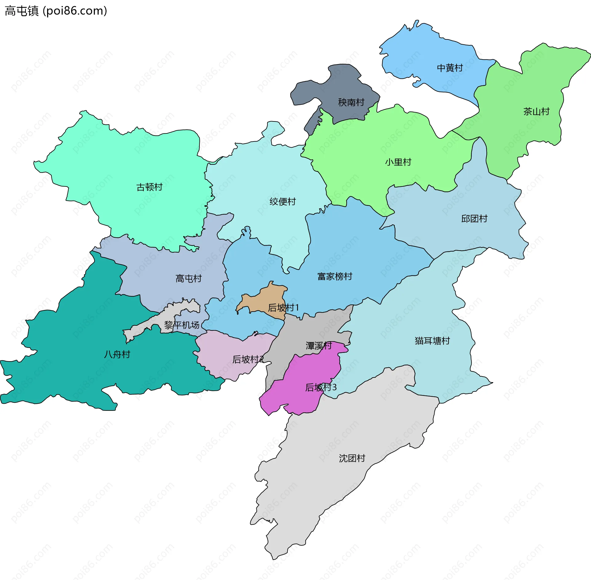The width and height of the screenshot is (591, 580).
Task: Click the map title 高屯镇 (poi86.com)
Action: [x=56, y=11]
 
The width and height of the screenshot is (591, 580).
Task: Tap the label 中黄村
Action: [x=450, y=68]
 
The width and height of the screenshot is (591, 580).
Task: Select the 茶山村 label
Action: [x=536, y=112]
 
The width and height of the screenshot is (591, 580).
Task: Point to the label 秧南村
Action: [x=351, y=102]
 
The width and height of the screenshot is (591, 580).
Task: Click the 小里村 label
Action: [x=398, y=162]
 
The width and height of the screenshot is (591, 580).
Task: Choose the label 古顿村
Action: [x=149, y=187]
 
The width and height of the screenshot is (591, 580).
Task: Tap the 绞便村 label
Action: [x=283, y=202]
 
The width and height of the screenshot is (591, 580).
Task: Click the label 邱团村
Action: [x=474, y=219]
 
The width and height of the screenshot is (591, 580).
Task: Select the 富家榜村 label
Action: [x=335, y=276]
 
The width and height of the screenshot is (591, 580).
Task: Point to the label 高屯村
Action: [x=188, y=279]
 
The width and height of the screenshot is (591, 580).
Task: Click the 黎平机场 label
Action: [x=182, y=325]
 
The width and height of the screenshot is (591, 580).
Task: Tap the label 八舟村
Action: [x=117, y=354]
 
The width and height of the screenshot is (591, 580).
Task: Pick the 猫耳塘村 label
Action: [x=432, y=341]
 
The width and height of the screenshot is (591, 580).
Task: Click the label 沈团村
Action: [x=352, y=458]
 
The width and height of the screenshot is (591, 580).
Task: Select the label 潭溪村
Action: [x=319, y=345]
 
